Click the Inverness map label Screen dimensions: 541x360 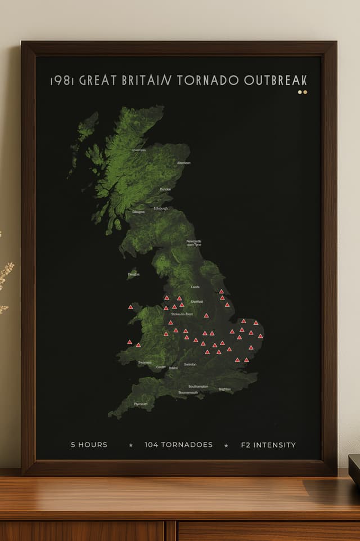[x=139, y=150]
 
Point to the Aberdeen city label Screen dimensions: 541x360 [x=184, y=163]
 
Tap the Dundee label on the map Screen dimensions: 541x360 [x=165, y=189]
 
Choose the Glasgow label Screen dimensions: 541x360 [x=138, y=212]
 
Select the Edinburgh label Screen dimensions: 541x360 [x=160, y=209]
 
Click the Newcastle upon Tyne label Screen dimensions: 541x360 [x=194, y=243]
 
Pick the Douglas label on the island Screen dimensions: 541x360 [x=134, y=275]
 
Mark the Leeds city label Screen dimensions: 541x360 [x=195, y=287]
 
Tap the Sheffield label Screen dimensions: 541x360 [x=196, y=302]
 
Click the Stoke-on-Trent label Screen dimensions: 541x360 [x=182, y=314]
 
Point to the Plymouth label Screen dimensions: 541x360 [x=141, y=404]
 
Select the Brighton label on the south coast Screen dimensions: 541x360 [x=224, y=389]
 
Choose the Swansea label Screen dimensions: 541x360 [x=145, y=363]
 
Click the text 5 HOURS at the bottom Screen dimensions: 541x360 [x=89, y=445]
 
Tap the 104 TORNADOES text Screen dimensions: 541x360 [x=178, y=445]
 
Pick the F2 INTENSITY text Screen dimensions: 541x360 [x=268, y=445]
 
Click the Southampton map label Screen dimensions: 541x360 [x=198, y=387]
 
